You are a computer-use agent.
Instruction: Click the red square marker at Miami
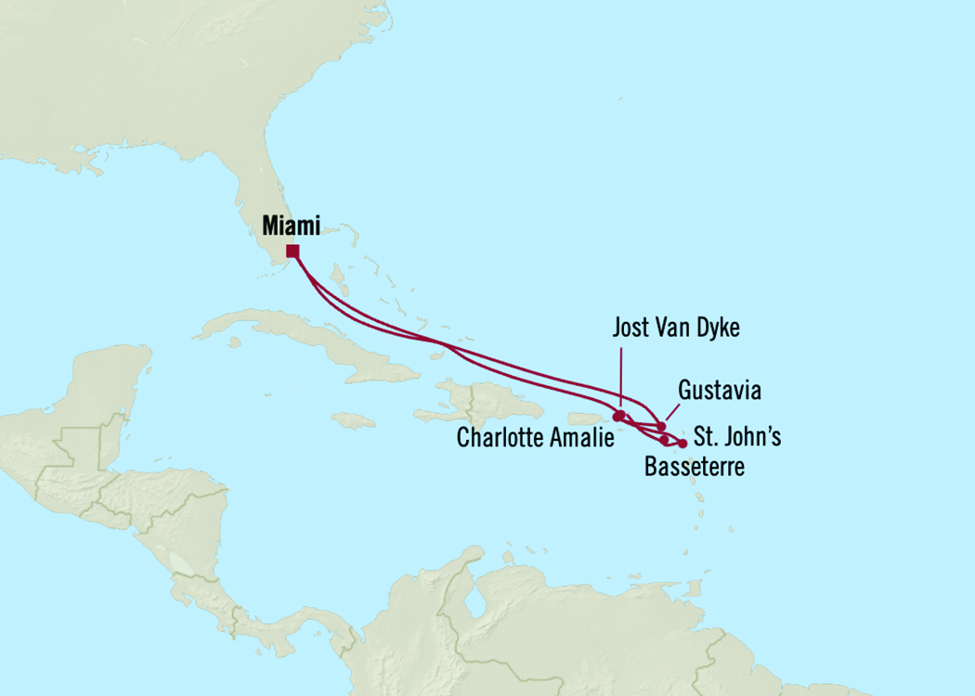click(292, 251)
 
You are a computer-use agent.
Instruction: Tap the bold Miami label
click(291, 226)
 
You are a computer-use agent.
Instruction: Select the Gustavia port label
click(719, 391)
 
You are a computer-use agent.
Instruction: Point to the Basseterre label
click(694, 467)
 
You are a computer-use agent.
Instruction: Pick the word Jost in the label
click(632, 328)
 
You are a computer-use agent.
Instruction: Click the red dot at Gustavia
click(661, 427)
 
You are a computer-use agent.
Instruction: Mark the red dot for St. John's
click(683, 444)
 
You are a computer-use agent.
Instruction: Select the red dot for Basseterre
click(664, 440)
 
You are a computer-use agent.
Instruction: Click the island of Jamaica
click(353, 420)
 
